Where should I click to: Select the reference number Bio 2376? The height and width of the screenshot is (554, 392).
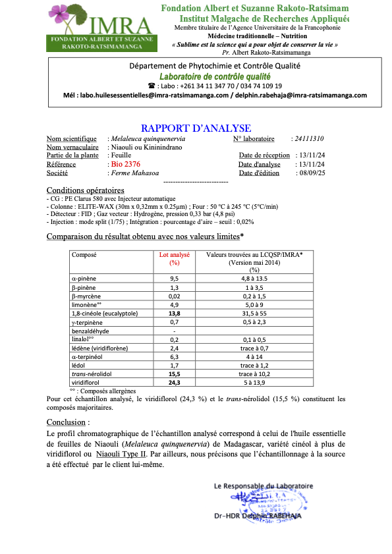pos(125,164)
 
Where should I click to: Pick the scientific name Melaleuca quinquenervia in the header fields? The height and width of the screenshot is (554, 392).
pos(148,139)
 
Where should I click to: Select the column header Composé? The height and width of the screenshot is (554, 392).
pos(84,254)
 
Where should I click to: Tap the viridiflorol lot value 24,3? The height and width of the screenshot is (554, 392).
pos(175,382)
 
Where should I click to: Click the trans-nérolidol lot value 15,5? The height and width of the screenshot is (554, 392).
pos(175,374)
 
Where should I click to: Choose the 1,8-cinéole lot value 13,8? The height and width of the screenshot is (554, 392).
pos(175,314)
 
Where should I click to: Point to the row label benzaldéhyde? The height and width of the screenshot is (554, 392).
pos(90,331)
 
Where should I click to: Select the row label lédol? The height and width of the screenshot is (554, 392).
pos(78,365)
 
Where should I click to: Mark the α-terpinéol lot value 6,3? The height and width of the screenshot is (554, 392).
pos(175,356)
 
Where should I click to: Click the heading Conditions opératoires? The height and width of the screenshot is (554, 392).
pos(85,190)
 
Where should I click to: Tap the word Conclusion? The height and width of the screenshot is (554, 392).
pos(67,422)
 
